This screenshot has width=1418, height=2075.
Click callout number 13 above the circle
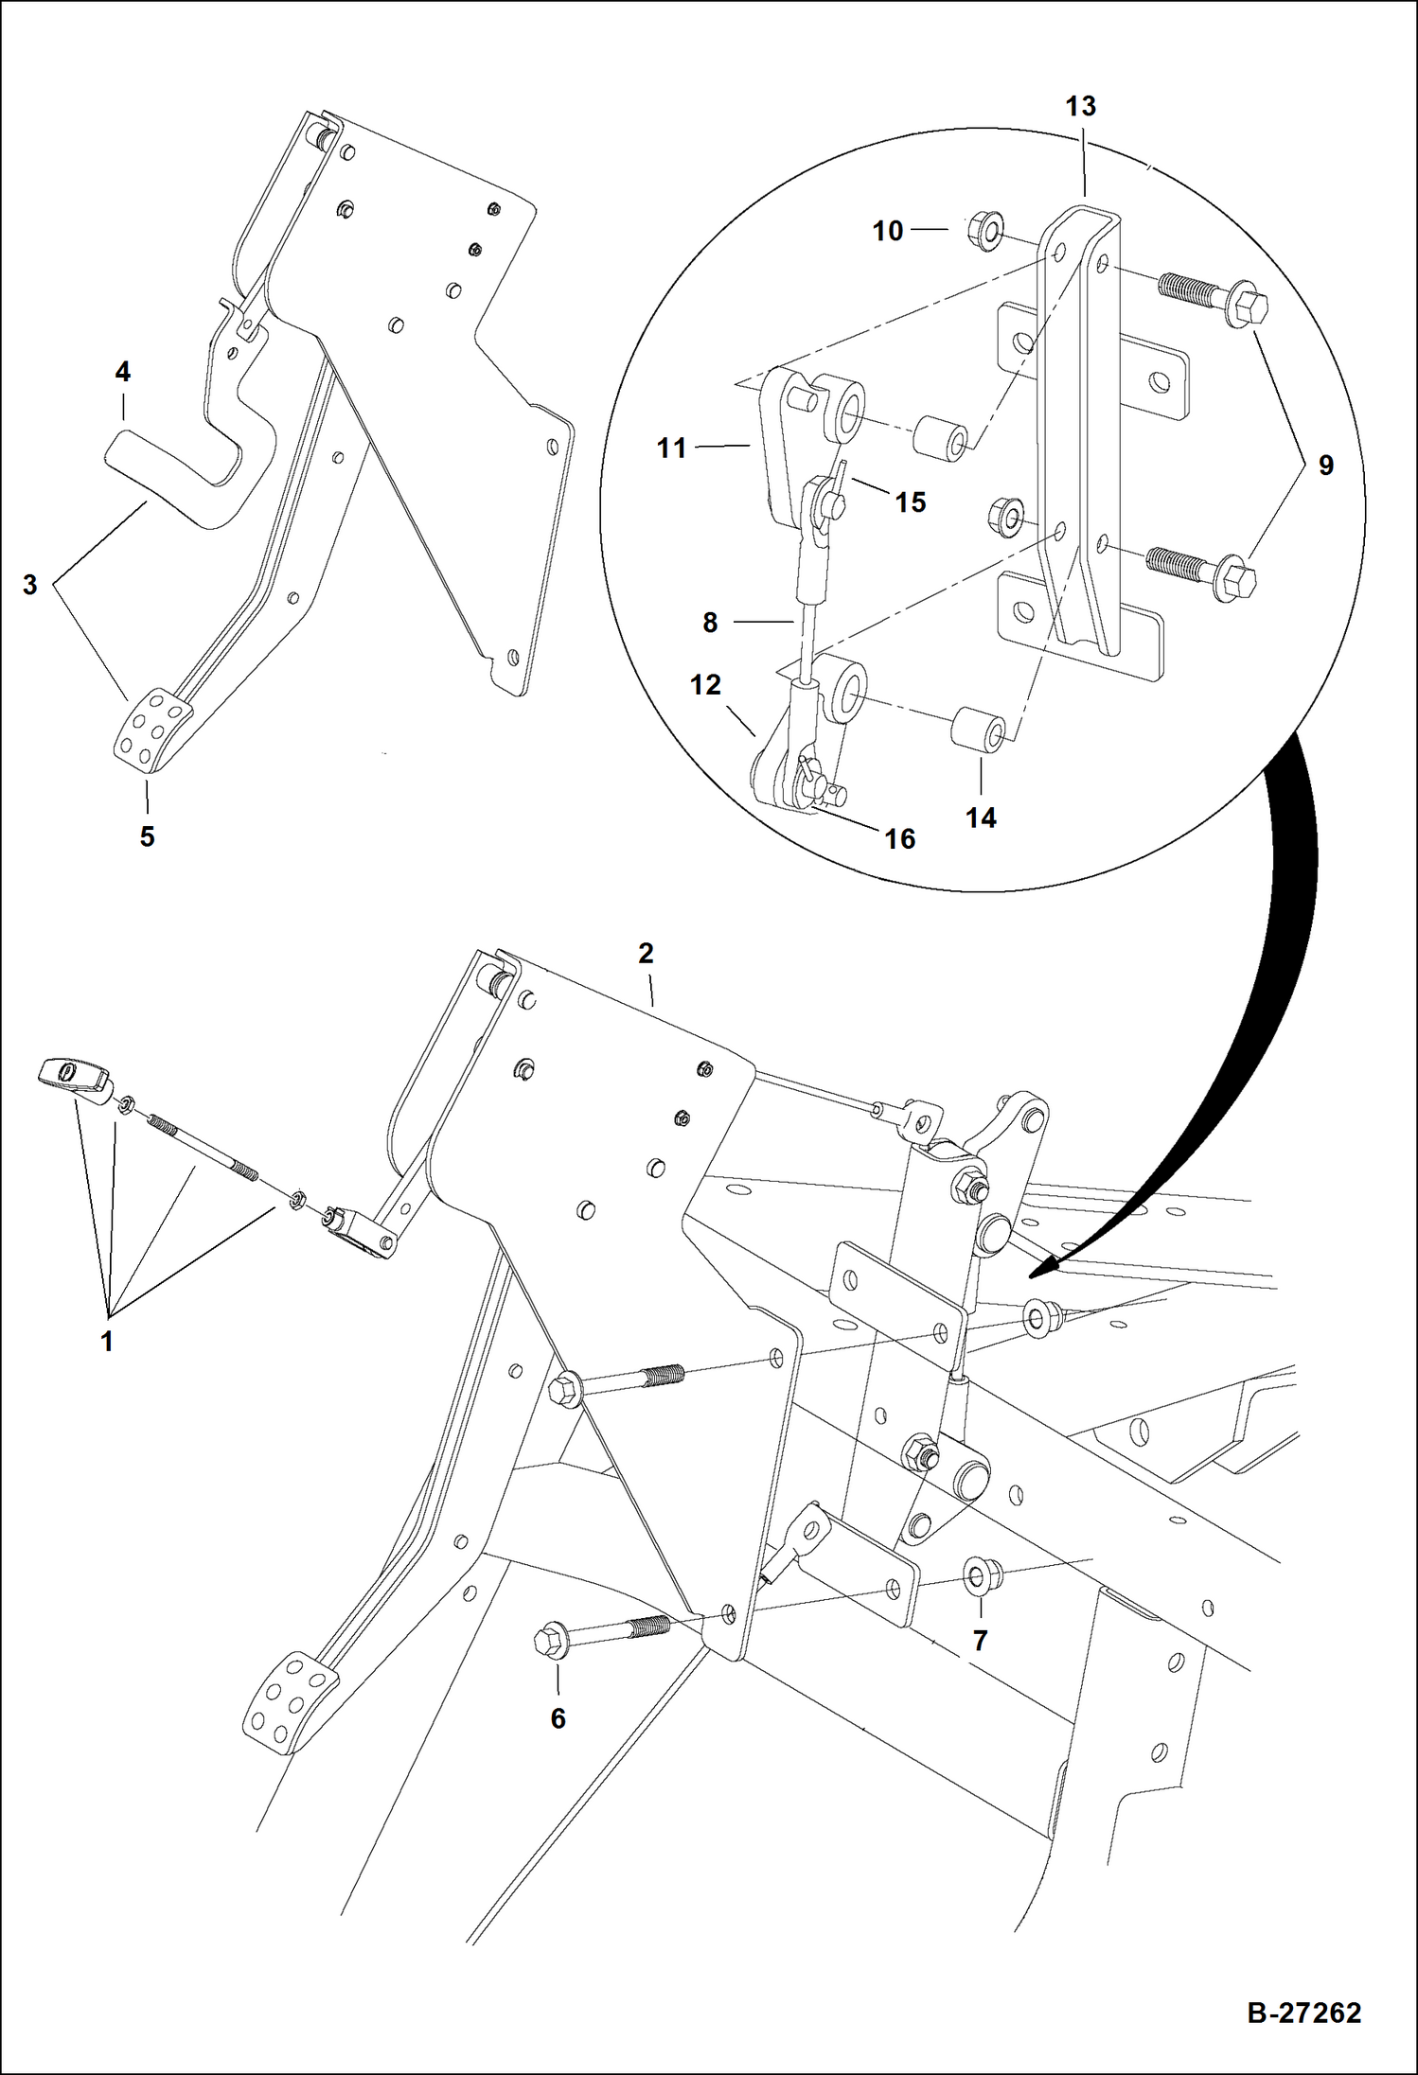(1080, 107)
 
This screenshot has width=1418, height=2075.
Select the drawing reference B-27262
(1303, 2013)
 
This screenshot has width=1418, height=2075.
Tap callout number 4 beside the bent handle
(123, 373)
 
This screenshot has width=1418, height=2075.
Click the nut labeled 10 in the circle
(986, 231)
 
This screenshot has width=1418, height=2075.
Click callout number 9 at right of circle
(1325, 466)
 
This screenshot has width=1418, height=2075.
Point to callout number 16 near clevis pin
(899, 838)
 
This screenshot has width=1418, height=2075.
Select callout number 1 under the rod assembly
(107, 1341)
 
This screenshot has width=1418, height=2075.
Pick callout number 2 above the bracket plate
(646, 953)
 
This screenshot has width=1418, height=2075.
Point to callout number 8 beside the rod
(710, 623)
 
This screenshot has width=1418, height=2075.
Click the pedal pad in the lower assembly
(290, 1706)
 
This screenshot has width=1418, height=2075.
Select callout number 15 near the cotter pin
(910, 502)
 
